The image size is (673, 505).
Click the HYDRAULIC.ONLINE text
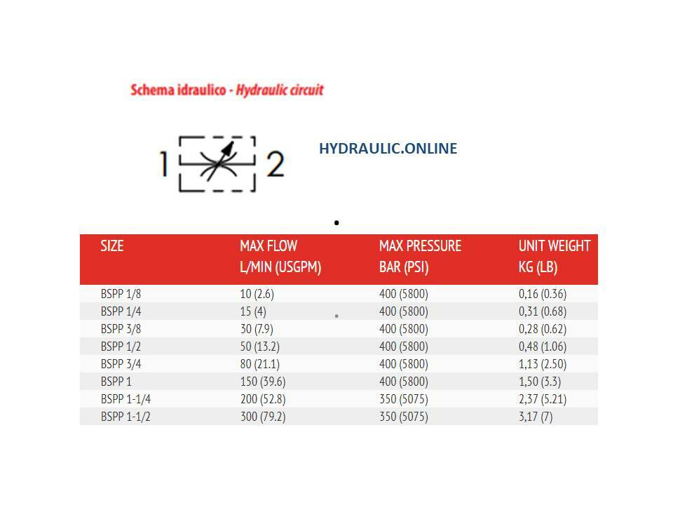pos(388,149)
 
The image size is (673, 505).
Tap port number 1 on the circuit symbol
pos(163,164)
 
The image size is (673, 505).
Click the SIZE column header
pos(112,246)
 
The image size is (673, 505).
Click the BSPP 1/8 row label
pos(121,294)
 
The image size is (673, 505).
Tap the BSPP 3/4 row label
pos(121,364)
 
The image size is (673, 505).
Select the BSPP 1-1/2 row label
pos(126,417)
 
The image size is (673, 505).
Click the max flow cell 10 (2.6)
pos(257,294)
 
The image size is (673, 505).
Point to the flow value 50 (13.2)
pos(259,346)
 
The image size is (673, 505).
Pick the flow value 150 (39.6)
pos(262,382)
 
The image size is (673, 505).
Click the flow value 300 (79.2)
pos(262,417)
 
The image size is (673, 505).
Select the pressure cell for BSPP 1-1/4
pos(403,399)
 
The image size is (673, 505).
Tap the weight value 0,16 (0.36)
pos(542,294)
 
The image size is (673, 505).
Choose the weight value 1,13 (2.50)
pos(542,364)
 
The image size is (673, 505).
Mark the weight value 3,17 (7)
pos(535,417)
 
